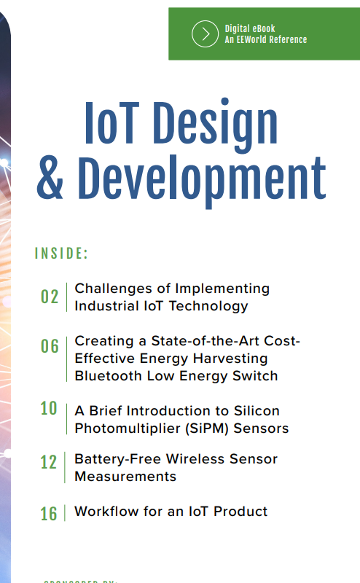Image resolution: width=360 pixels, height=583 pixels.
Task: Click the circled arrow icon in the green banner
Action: coord(206,34)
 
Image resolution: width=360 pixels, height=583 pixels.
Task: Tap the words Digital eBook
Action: coord(250,28)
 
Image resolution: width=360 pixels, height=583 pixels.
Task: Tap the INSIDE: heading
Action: coord(61,254)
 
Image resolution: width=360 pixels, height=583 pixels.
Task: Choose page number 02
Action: coord(50,297)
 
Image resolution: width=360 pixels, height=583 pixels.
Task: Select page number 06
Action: coord(50,346)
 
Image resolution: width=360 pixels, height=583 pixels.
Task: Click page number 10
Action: coord(49,409)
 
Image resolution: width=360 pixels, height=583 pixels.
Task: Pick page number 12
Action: coord(49,463)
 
